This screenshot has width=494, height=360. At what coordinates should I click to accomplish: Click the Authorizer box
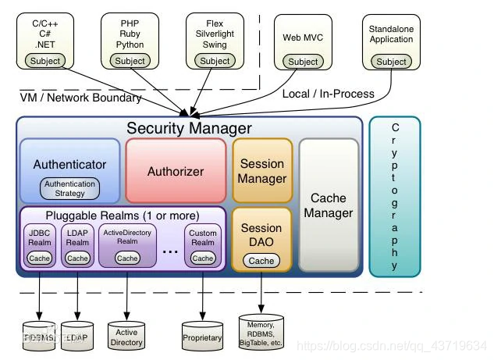tap(176, 171)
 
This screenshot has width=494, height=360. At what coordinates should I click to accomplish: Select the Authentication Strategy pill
tap(69, 188)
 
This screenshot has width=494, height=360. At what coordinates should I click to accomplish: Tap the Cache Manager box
tap(328, 205)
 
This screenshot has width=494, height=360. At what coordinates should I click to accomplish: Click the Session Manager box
tap(262, 171)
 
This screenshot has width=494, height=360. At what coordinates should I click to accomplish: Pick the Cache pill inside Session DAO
tap(261, 261)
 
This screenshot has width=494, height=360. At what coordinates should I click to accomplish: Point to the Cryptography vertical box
tap(394, 196)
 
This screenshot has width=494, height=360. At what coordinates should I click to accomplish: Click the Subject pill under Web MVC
tap(303, 62)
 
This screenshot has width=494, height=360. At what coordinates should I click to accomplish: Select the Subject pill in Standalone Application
tap(392, 62)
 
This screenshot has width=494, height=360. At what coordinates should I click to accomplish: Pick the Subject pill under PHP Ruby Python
tap(130, 61)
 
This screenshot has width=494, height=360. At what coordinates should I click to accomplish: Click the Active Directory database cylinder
tap(126, 333)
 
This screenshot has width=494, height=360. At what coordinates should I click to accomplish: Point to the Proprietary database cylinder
tap(202, 335)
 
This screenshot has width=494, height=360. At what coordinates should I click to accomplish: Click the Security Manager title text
tap(190, 128)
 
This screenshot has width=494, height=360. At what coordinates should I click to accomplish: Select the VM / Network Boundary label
tap(80, 98)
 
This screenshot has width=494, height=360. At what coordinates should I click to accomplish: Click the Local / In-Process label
tap(328, 94)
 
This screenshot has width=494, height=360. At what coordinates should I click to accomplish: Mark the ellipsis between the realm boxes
tap(171, 251)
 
